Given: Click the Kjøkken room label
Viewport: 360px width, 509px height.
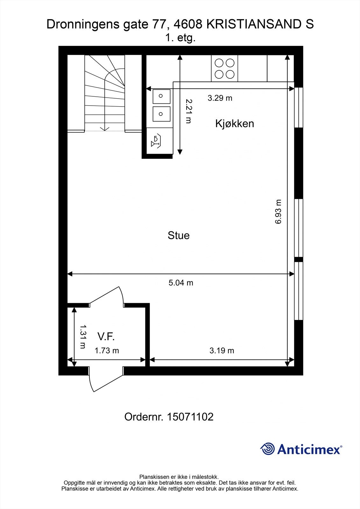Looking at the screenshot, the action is click(x=235, y=124).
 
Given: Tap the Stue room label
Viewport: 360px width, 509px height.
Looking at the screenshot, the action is click(x=179, y=235).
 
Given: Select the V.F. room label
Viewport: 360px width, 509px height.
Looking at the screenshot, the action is click(x=106, y=337).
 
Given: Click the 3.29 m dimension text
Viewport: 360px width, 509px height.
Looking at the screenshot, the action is click(x=220, y=98).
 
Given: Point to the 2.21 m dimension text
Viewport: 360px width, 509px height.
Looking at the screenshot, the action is click(x=189, y=111).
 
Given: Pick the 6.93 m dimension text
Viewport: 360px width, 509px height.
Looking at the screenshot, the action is click(x=278, y=212).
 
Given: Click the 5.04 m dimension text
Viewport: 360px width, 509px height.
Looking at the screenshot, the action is click(x=181, y=283).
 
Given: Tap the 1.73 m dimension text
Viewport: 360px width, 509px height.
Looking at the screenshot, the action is click(x=107, y=351).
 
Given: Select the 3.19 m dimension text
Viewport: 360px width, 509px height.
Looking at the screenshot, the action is click(x=222, y=351).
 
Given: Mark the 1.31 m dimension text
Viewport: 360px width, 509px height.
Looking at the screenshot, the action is click(x=83, y=337).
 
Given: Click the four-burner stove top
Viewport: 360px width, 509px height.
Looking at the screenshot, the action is click(x=224, y=68).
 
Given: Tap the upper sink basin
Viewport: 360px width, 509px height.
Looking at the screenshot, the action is click(x=161, y=96).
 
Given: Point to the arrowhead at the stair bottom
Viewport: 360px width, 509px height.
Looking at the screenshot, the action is click(x=105, y=129).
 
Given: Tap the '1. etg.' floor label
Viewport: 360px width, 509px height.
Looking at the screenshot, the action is click(x=180, y=38).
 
